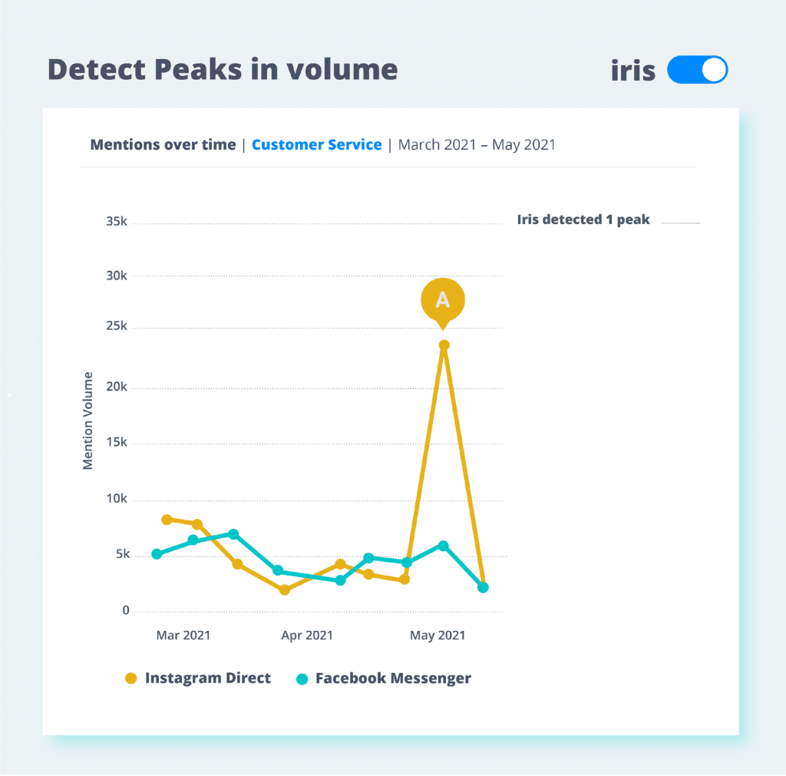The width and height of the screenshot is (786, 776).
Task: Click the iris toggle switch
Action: pyautogui.click(x=697, y=70)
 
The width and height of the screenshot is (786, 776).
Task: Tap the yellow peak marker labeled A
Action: pyautogui.click(x=443, y=299)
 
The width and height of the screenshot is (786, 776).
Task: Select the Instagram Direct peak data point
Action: pyautogui.click(x=444, y=345)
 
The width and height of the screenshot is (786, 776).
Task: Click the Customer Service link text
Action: pyautogui.click(x=316, y=144)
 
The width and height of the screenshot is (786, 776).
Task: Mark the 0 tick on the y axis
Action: pyautogui.click(x=125, y=611)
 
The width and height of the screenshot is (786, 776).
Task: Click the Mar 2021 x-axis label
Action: pyautogui.click(x=183, y=635)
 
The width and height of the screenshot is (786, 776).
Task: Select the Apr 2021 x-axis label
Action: pyautogui.click(x=307, y=635)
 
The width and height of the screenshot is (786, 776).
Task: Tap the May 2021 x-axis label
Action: pyautogui.click(x=438, y=635)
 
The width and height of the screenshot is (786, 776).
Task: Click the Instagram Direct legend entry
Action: pyautogui.click(x=198, y=678)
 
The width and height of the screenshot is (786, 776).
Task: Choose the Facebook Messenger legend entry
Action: pyautogui.click(x=384, y=678)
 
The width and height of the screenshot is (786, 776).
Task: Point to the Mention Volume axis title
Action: pyautogui.click(x=88, y=421)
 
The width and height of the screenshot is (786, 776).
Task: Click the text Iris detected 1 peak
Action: pyautogui.click(x=583, y=220)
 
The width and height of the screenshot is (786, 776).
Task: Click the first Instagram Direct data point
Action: pyautogui.click(x=167, y=520)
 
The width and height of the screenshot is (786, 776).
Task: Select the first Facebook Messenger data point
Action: pyautogui.click(x=157, y=554)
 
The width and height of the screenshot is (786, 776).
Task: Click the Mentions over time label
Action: pyautogui.click(x=163, y=144)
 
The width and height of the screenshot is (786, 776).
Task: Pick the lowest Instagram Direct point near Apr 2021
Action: pyautogui.click(x=285, y=590)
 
